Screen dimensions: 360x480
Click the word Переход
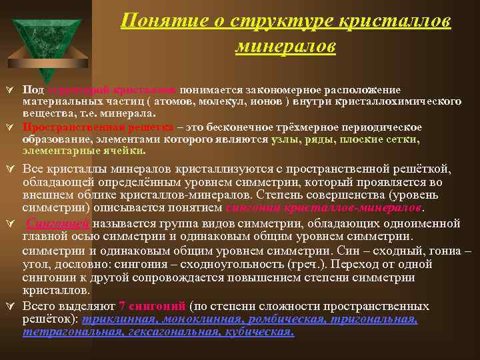[x=379, y=263]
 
